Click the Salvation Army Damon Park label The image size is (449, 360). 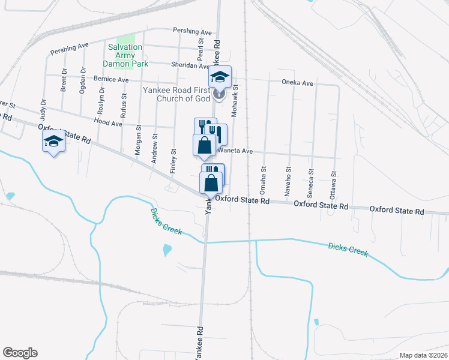pos(125,55)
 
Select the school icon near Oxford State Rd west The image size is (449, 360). pos(53,142)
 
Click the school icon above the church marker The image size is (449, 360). pos(220,77)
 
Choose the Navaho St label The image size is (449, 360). pos(289,176)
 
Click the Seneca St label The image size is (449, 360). pos(312,178)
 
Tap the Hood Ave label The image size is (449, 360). pos(108,122)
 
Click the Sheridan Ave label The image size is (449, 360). pos(190,67)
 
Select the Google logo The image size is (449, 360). pos(20,353)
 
